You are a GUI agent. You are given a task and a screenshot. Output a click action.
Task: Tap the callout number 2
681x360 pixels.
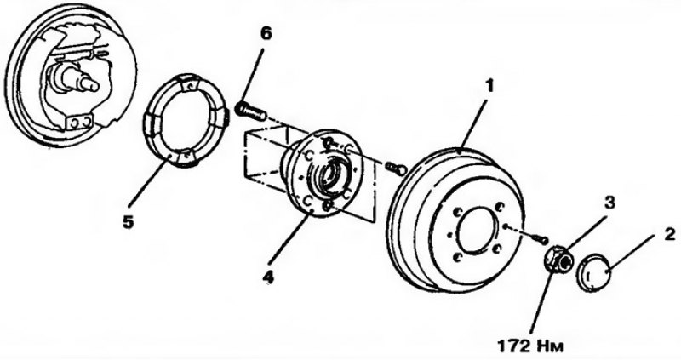click(x=669, y=235)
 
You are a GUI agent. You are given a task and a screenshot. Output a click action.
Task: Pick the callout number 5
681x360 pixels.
click(x=129, y=221)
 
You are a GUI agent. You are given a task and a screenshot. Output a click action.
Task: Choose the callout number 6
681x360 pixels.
click(x=266, y=34)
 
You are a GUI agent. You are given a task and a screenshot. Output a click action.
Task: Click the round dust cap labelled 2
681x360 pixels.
click(x=594, y=274)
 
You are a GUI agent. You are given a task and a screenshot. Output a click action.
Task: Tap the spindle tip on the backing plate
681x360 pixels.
click(x=92, y=85)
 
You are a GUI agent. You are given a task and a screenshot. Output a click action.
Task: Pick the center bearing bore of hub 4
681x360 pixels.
click(x=331, y=174)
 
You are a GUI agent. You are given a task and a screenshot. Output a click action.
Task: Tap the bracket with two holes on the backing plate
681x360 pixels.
click(x=79, y=123)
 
